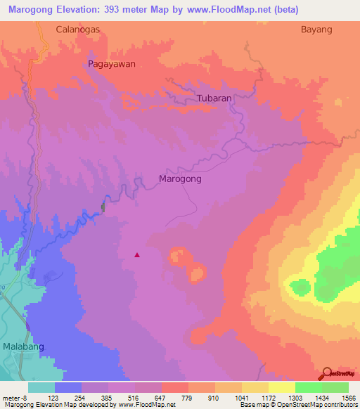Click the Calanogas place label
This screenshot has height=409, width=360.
[78, 30]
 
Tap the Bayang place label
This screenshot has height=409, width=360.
[316, 30]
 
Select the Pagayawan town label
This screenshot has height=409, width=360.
[111, 63]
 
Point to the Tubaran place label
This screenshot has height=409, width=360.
[214, 98]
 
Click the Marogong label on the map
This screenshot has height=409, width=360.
[181, 179]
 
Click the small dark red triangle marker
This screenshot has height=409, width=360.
[137, 255]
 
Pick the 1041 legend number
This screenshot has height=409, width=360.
[243, 398]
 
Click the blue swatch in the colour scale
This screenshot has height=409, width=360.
[68, 387]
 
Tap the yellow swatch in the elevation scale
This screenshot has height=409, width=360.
[281, 387]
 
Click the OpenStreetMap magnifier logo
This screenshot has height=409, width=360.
[327, 374]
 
